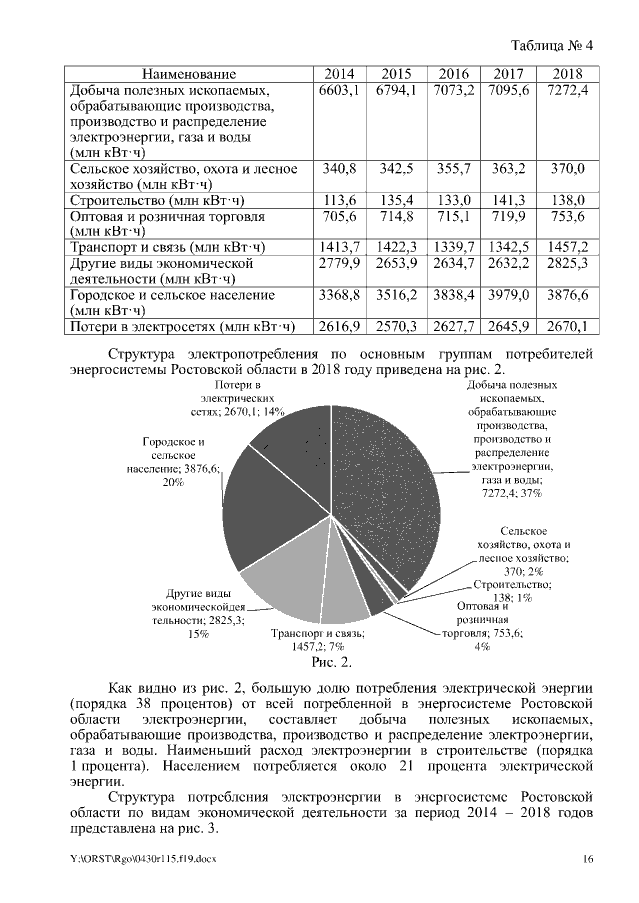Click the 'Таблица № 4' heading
point(552,46)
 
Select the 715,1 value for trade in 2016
point(454,216)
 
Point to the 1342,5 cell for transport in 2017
point(511,246)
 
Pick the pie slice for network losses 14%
point(295,439)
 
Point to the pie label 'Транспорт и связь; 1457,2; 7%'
point(318,640)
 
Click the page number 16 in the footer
point(588,859)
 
